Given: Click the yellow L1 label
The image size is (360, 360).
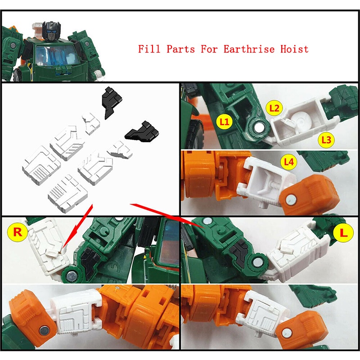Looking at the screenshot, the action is [x=224, y=121].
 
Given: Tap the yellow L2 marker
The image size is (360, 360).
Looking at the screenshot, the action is [x=274, y=108].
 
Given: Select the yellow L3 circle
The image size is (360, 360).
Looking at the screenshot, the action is [x=326, y=139].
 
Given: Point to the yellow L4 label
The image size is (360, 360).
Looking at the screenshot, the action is [x=289, y=162].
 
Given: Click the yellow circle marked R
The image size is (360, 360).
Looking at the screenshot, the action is [x=18, y=232].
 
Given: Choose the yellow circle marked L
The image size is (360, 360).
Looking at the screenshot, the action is [x=343, y=233].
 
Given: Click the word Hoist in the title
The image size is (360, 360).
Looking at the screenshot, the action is [x=295, y=49].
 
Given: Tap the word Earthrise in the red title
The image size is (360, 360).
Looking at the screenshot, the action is [x=249, y=49].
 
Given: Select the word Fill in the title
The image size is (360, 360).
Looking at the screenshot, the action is [x=149, y=49].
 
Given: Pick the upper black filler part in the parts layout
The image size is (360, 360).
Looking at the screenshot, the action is [x=111, y=102].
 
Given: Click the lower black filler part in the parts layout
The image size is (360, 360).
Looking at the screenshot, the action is [x=142, y=132].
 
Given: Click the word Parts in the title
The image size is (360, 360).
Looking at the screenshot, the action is [x=181, y=49].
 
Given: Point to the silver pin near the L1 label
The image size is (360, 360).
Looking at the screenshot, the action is [x=260, y=128].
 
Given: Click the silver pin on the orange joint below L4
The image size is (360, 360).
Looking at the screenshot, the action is [x=290, y=199].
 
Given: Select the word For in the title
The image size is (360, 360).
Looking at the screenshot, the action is [x=209, y=49].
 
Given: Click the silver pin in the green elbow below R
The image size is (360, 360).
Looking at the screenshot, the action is [x=72, y=276].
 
